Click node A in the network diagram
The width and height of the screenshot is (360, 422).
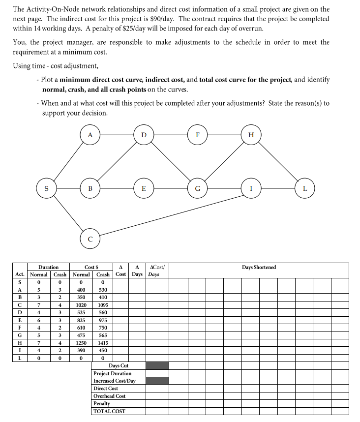89,134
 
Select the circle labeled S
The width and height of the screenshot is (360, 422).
47,187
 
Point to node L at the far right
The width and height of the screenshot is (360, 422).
305,187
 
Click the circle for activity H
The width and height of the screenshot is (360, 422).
251,134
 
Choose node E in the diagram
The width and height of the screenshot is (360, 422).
144,187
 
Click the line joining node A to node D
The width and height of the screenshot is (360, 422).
116,134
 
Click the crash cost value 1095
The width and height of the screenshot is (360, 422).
103,305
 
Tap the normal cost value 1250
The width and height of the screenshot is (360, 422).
81,342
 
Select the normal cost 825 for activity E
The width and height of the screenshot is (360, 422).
81,320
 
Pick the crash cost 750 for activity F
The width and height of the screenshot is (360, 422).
103,328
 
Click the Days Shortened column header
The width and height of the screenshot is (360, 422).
259,267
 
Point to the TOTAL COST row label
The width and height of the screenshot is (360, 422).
109,411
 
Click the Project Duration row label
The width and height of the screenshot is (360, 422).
112,373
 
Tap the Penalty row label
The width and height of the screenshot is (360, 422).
102,403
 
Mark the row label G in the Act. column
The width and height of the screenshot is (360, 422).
20,335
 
